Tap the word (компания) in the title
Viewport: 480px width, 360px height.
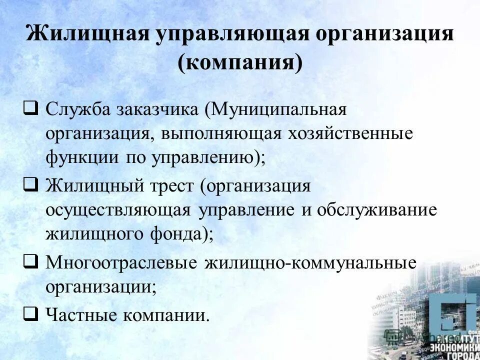[x=240, y=63]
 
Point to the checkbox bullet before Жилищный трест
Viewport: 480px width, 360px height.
[x=30, y=186]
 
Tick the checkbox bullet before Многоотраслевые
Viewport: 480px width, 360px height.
[x=30, y=261]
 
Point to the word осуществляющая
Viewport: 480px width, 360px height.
[x=118, y=209]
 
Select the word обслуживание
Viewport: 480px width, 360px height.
[x=376, y=209]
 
